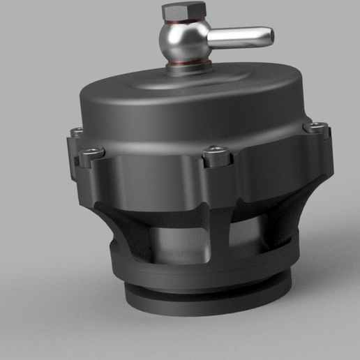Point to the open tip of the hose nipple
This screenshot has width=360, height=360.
click(x=266, y=33)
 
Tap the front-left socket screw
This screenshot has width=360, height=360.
click(x=91, y=152)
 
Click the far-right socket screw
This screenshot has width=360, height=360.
click(x=318, y=127)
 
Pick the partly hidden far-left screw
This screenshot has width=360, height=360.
click(x=77, y=130)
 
